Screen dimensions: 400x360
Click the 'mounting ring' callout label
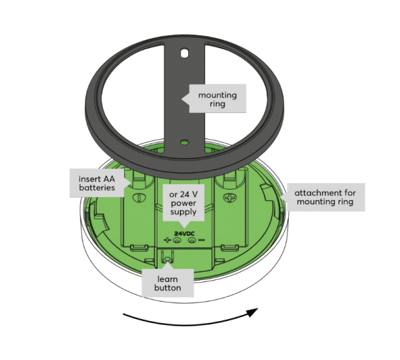pos(218,99)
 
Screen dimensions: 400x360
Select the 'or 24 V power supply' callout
pos(183,203)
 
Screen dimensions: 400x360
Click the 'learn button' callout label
pos(168,283)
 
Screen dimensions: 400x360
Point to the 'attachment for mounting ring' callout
pos(325,197)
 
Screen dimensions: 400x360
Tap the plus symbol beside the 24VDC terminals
pos(167,240)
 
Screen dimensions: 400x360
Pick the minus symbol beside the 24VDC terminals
pos(202,240)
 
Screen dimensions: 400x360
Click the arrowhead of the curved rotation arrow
pos(253,312)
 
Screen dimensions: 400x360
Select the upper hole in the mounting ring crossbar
pos(184,53)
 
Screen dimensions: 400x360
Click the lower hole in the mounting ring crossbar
pos(184,142)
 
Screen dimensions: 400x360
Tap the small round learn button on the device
pos(167,259)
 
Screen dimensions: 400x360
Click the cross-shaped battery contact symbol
pos(229,198)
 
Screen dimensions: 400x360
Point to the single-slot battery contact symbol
pos(139,198)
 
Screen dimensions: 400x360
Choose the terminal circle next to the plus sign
pos(176,240)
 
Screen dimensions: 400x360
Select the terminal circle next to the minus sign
pos(192,240)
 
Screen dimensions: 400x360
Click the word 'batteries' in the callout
pos(97,188)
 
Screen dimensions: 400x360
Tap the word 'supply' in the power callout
pos(183,212)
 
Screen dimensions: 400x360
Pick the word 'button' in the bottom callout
pos(168,288)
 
